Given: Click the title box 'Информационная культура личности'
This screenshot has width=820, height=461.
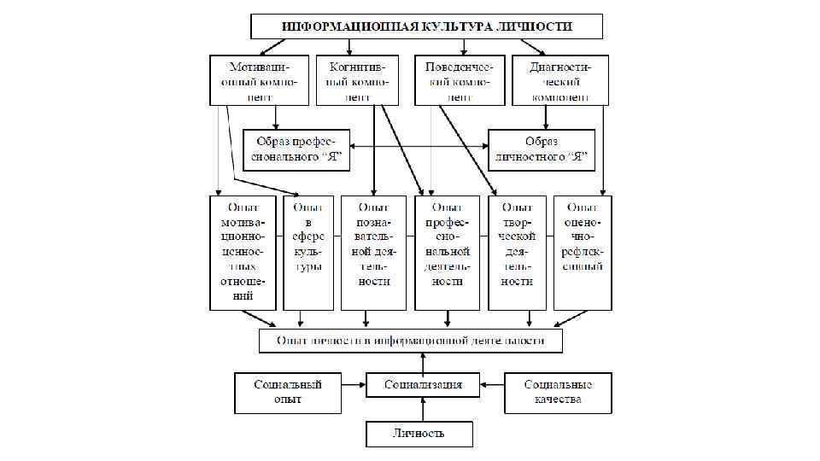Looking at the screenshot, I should click(x=427, y=26).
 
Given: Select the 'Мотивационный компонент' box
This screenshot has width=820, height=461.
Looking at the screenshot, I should click(x=258, y=81).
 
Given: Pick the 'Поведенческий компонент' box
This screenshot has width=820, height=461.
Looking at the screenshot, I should click(x=460, y=81).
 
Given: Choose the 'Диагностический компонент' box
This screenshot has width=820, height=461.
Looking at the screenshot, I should click(x=560, y=81).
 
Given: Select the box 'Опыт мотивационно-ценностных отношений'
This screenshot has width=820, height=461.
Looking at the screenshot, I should click(x=244, y=253).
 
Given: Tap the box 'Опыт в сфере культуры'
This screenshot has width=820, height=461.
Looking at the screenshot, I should click(x=308, y=253).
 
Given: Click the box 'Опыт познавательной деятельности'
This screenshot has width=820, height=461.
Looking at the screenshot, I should click(x=374, y=253).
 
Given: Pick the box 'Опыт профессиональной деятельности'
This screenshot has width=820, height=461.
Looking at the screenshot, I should click(x=448, y=253).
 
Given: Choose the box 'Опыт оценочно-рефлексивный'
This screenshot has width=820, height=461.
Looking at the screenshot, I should click(x=583, y=253).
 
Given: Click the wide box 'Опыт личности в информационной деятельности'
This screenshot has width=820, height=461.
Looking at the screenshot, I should click(x=411, y=341).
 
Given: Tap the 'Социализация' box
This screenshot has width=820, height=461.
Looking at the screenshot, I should click(x=423, y=385).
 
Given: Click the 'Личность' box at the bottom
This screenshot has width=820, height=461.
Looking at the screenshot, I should click(x=419, y=433).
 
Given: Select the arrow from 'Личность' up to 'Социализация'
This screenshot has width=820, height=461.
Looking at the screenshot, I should click(x=423, y=408).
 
